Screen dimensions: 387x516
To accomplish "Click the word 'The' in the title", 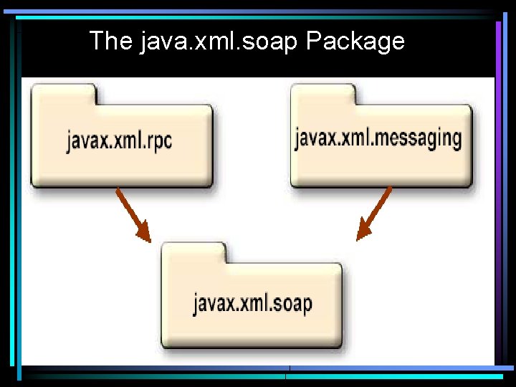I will coord(110,41).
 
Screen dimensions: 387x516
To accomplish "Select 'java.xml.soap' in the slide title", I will coord(219,42).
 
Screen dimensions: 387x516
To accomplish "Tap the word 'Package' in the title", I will coord(355,42).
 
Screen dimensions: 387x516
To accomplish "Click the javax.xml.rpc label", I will coord(120,140).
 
